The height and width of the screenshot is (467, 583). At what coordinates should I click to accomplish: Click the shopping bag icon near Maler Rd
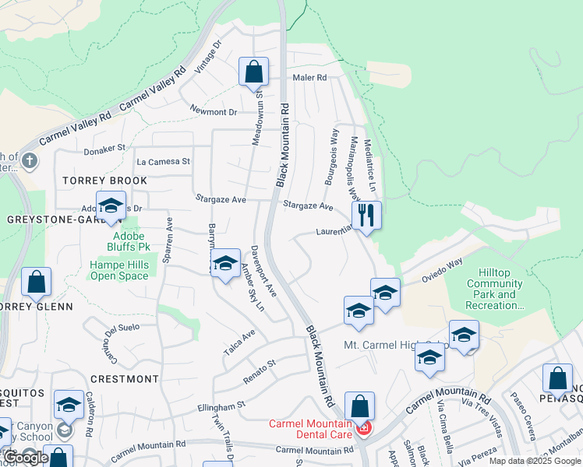253,72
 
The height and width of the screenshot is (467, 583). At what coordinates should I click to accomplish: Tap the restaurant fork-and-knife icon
366,216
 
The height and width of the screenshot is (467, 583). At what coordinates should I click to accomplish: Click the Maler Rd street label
309,78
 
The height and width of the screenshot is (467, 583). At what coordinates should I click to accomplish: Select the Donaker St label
104,147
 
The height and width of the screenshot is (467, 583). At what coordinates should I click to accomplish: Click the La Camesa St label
163,162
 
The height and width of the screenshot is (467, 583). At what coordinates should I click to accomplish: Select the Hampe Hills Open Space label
119,270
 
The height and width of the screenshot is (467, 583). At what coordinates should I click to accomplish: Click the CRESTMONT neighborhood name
125,379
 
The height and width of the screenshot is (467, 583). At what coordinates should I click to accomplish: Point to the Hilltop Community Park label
495,295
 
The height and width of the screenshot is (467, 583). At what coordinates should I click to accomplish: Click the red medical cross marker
363,427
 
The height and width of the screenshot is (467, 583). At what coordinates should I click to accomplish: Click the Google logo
26,458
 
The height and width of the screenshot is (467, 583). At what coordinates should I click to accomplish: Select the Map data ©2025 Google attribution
534,461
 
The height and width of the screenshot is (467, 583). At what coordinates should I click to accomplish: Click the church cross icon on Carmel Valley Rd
30,162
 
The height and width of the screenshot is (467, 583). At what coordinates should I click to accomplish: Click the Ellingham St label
221,406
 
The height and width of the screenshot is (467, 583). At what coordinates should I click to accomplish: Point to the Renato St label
260,364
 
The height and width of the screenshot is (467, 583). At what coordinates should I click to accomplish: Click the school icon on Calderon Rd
69,406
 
